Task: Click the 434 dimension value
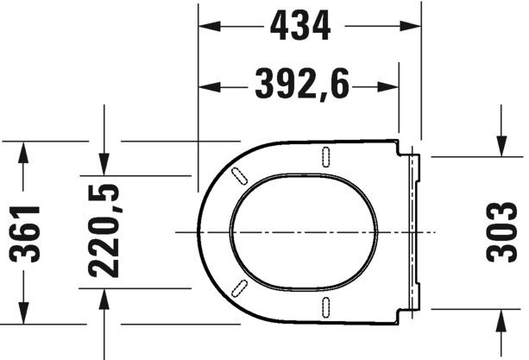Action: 300,28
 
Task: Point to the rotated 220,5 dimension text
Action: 104,232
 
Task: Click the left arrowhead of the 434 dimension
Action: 207,28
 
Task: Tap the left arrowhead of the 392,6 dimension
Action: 207,86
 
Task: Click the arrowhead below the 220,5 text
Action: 104,297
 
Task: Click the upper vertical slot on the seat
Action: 326,156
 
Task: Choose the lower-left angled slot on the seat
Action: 238,287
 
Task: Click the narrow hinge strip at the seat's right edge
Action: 413,231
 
